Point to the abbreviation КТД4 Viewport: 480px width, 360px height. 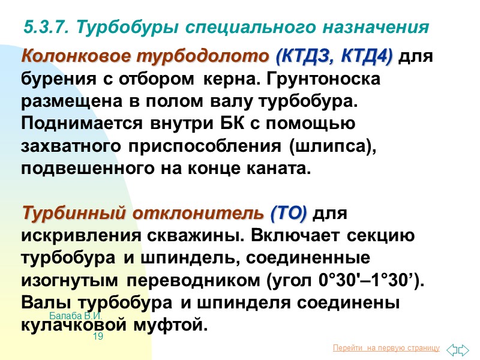(x=367, y=58)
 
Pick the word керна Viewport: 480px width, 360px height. (x=230, y=79)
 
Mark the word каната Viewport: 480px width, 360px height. (x=281, y=169)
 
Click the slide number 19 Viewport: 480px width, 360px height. (x=98, y=337)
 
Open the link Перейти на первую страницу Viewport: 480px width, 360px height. (x=386, y=348)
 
